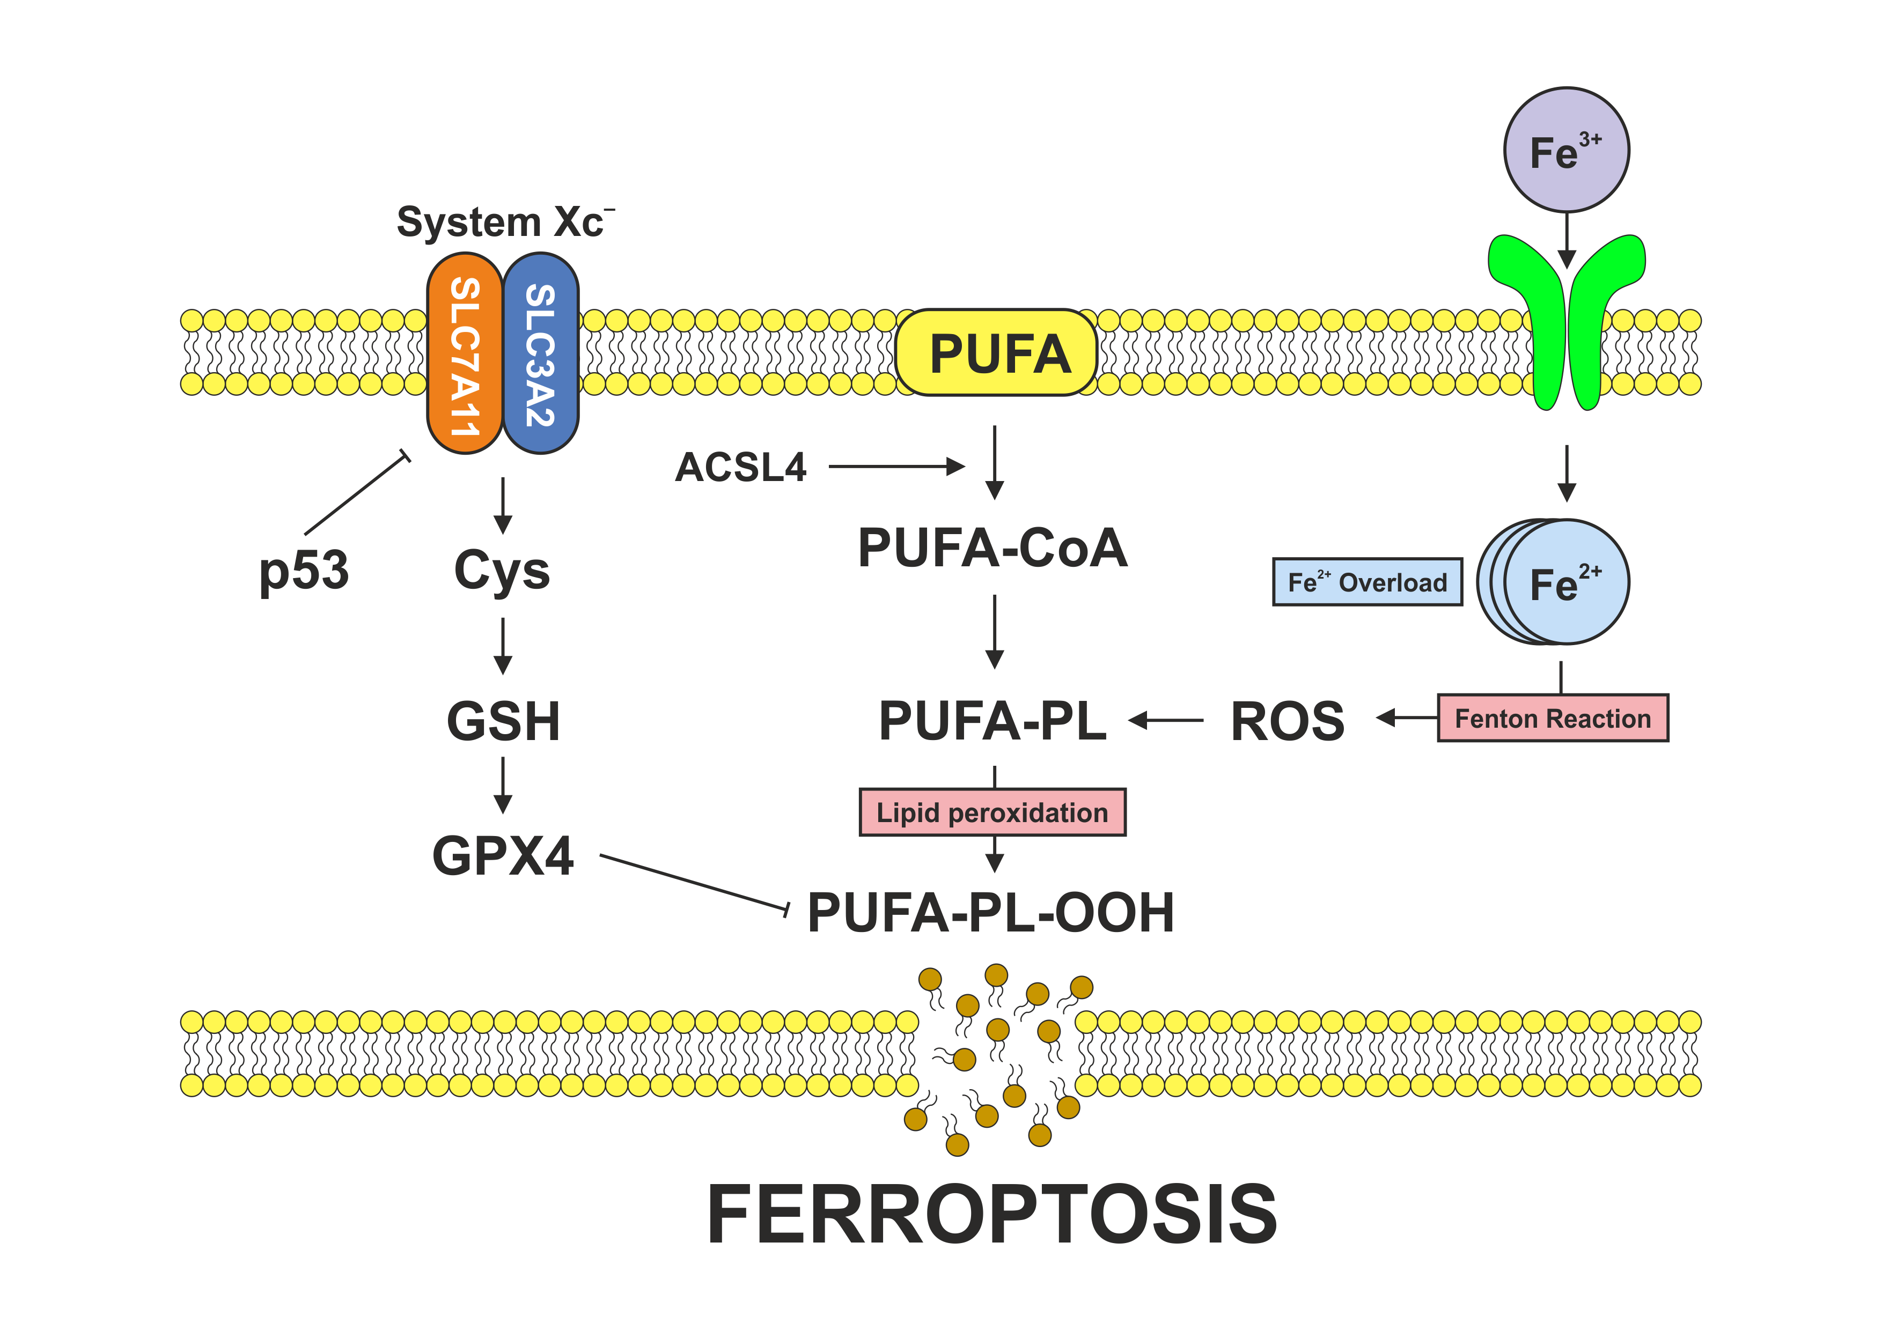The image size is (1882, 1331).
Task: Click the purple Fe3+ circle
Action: (1565, 151)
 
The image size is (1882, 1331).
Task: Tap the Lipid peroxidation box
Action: (992, 812)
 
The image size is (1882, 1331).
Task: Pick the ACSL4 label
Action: (740, 467)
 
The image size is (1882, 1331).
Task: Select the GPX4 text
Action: (503, 856)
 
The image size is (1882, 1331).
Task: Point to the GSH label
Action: (503, 721)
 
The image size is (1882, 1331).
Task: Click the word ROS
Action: (1287, 722)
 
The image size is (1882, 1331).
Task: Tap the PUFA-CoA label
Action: (993, 548)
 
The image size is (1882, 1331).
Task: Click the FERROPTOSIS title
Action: (992, 1215)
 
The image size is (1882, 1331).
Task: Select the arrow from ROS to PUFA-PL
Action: (1166, 720)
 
